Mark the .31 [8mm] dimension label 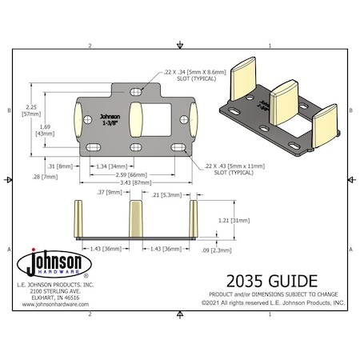(61, 166)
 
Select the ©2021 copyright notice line (272, 303)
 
